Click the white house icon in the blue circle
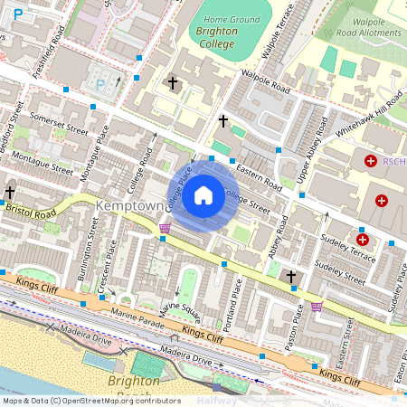click(x=203, y=194)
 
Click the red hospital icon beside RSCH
click(x=370, y=161)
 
